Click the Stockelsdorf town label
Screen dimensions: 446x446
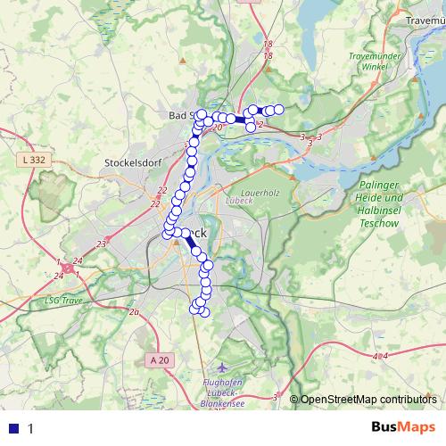tap(131, 163)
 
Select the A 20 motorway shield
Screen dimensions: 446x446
tap(159, 359)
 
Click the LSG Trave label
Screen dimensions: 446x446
tap(63, 300)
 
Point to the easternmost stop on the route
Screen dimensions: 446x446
tap(278, 109)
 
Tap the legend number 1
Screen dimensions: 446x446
tap(30, 428)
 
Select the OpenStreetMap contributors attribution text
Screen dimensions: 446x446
tap(368, 400)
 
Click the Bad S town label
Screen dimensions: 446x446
tap(183, 116)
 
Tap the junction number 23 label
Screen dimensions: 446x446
tap(102, 243)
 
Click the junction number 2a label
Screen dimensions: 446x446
tap(135, 312)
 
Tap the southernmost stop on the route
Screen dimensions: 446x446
tap(203, 311)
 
